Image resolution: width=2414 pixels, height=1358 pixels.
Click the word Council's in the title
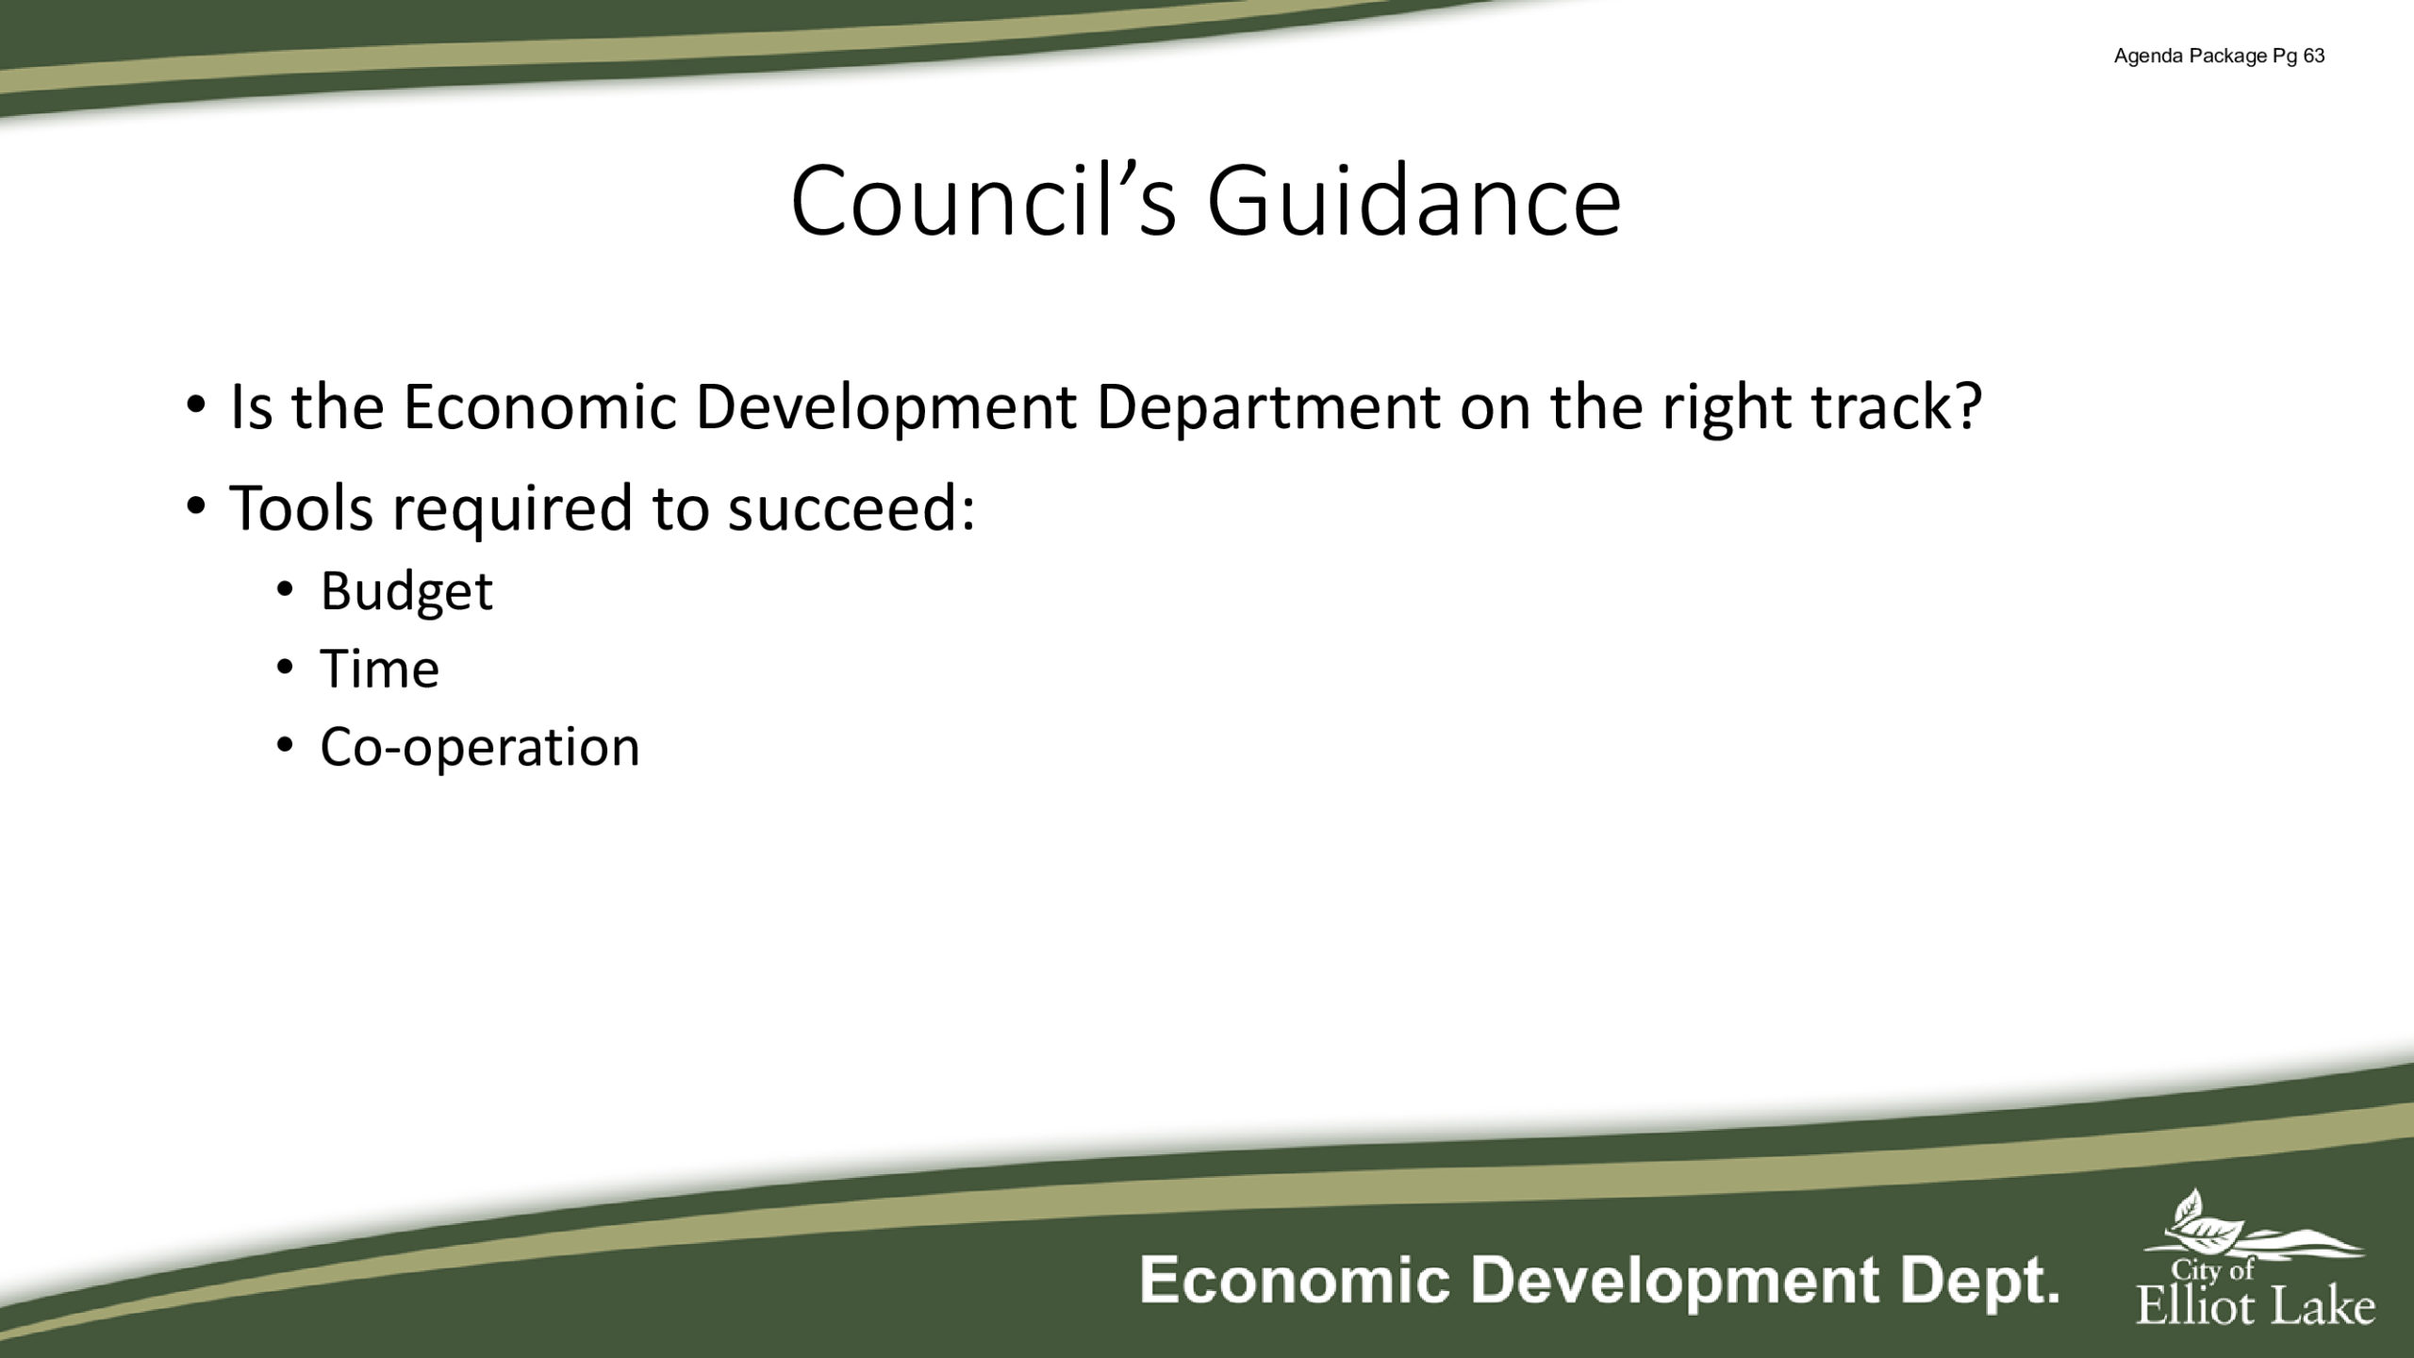pyautogui.click(x=984, y=201)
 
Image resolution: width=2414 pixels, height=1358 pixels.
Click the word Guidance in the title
pyautogui.click(x=1414, y=201)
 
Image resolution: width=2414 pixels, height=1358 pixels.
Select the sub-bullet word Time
pyautogui.click(x=380, y=669)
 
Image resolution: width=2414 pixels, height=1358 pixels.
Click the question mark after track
pyautogui.click(x=1966, y=407)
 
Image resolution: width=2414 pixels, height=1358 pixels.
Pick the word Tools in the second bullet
pyautogui.click(x=301, y=507)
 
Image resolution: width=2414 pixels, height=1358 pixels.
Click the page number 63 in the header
pyautogui.click(x=2314, y=57)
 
